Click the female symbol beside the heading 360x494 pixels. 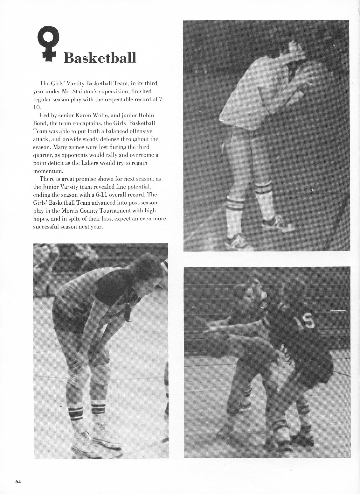[x=47, y=45]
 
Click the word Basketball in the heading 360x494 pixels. [x=100, y=58]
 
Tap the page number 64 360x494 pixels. [x=18, y=481]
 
